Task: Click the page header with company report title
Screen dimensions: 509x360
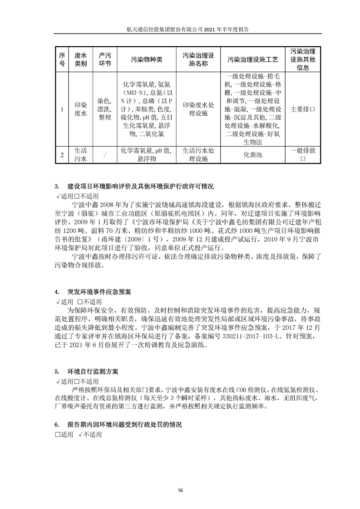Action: click(180, 28)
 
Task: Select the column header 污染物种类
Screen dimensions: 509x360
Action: click(146, 59)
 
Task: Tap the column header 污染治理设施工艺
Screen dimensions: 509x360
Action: click(253, 59)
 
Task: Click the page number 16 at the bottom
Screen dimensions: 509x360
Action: click(180, 490)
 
